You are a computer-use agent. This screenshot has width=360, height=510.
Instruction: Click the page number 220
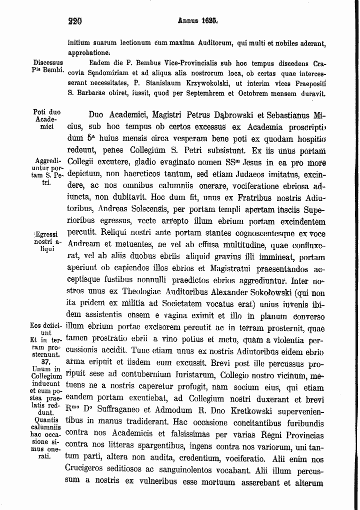pyautogui.click(x=75, y=21)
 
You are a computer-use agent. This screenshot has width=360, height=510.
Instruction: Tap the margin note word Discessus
pyautogui.click(x=47, y=63)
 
